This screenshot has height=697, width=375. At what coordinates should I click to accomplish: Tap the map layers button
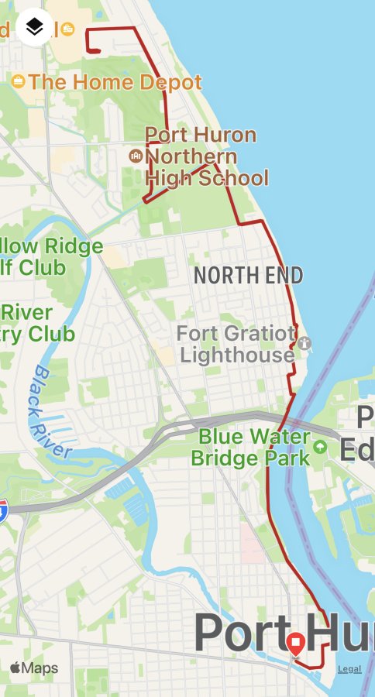[34, 28]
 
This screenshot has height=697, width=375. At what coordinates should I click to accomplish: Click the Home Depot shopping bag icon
[18, 81]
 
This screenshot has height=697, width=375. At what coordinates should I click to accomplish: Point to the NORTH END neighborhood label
[248, 275]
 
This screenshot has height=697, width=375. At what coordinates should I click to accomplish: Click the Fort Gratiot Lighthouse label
[236, 345]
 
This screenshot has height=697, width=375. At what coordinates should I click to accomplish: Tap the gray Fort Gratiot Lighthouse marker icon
[304, 342]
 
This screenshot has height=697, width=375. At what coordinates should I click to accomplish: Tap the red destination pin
[295, 644]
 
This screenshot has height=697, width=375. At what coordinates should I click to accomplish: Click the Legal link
[349, 669]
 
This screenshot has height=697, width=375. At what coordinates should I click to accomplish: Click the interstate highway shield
[3, 510]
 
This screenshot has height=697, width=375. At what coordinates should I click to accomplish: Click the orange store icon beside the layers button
[68, 29]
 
